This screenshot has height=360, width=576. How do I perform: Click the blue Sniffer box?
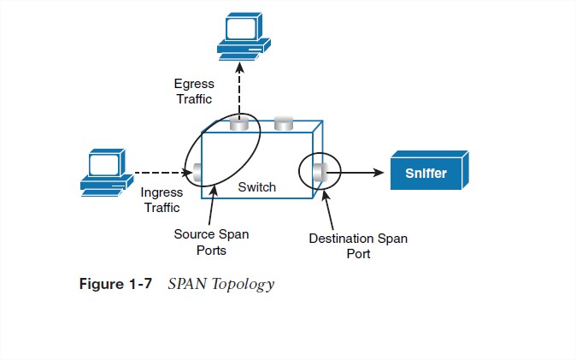pos(430,174)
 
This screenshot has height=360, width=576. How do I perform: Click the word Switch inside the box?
pos(257,186)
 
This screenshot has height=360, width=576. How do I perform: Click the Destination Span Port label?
pos(358,245)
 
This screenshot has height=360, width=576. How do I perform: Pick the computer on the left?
pos(105,172)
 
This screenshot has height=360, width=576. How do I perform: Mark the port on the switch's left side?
pos(197,173)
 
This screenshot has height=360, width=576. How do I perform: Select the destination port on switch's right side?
pos(320,174)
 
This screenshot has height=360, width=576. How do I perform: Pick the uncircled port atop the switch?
pos(285,126)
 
